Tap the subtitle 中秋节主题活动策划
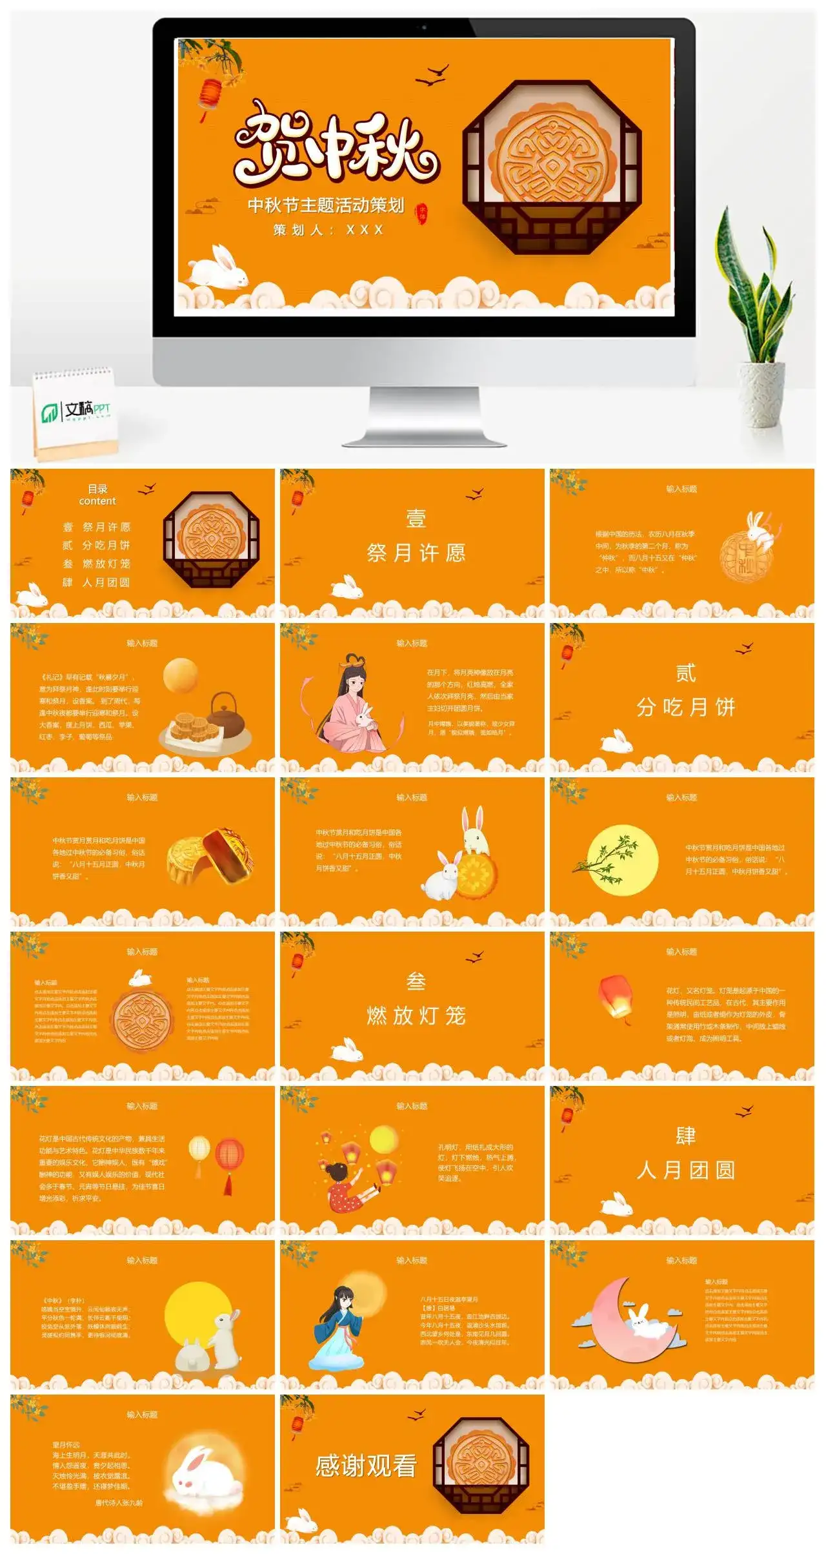[326, 205]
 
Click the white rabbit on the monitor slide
[219, 268]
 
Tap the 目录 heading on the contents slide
[97, 489]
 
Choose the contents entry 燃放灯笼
[106, 564]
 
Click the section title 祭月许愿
[416, 553]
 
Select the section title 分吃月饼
[686, 708]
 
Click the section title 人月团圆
[686, 1170]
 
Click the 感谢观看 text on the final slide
[366, 1466]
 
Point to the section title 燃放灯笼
[416, 1016]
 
